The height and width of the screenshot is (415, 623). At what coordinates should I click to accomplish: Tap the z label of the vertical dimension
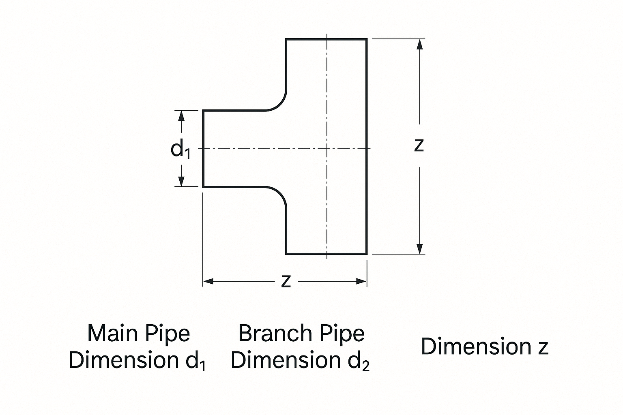[419, 145]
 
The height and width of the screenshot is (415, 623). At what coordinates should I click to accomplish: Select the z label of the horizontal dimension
[286, 281]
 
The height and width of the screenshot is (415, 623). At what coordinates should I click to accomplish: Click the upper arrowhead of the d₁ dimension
[181, 116]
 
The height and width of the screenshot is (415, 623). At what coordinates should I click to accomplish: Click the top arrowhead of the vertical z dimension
[420, 44]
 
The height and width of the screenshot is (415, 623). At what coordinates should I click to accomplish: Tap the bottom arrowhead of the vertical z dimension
[420, 248]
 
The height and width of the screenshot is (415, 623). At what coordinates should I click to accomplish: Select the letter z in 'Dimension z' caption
[543, 347]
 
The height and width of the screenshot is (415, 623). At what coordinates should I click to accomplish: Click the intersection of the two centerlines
[327, 149]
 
